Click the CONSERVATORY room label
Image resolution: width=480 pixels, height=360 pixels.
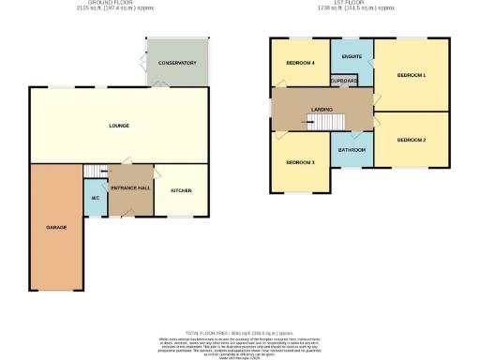pos(177,63)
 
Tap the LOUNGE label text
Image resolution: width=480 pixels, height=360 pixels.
pos(118,126)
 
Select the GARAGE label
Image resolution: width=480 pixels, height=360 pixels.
pos(56,228)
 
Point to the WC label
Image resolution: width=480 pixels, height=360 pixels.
pos(96,198)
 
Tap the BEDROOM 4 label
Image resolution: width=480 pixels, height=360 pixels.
pos(299,64)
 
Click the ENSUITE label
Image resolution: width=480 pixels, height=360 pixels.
pos(352,57)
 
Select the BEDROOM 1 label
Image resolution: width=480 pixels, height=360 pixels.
pos(411,75)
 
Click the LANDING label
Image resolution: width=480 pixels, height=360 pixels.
pos(322,109)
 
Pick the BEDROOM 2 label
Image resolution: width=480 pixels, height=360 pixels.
pos(411,140)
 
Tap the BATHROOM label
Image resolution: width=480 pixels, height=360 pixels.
pos(352,149)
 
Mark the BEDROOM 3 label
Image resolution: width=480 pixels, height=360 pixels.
pos(299,162)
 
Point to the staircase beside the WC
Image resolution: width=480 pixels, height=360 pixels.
pos(96,171)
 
